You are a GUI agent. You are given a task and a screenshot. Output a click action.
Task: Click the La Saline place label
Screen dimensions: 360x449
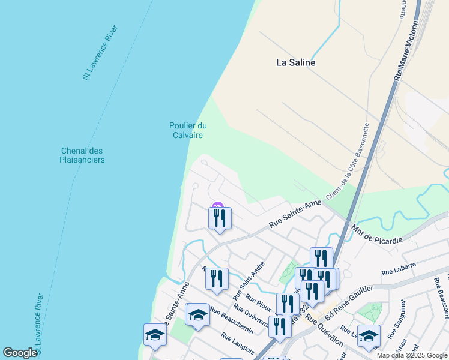pyautogui.click(x=295, y=62)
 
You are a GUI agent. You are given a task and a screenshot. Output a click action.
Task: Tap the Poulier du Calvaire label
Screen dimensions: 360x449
pyautogui.click(x=188, y=130)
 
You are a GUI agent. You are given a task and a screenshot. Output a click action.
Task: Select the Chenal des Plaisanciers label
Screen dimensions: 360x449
pyautogui.click(x=82, y=155)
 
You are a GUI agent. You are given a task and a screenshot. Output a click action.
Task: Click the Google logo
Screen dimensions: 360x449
pyautogui.click(x=20, y=353)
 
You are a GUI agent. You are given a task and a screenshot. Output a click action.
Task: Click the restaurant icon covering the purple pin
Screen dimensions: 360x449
pyautogui.click(x=220, y=217)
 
